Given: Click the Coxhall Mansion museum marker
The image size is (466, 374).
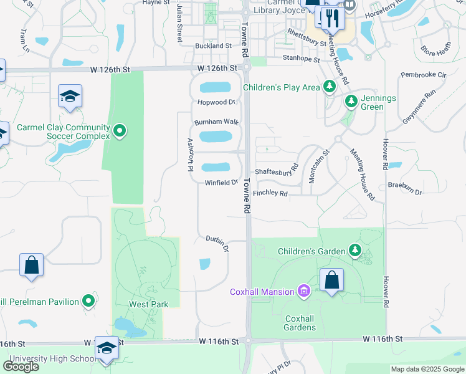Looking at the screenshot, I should (304, 291).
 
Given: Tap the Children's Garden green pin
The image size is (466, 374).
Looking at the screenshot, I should (355, 251).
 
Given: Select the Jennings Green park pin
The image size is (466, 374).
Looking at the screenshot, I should (351, 100).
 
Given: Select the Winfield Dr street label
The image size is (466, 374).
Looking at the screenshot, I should (222, 183).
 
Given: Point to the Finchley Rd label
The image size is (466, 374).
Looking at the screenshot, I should (270, 194).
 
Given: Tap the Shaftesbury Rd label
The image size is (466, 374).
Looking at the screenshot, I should (277, 172).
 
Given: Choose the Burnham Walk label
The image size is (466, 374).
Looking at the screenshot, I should (216, 122).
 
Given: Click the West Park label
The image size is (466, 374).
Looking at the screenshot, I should (140, 305).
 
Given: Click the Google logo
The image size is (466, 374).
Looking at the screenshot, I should (21, 367).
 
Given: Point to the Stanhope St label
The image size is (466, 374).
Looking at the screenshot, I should (301, 60).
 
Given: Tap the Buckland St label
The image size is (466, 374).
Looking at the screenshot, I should (213, 46).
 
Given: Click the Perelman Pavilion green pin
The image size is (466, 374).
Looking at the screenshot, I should (88, 302).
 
